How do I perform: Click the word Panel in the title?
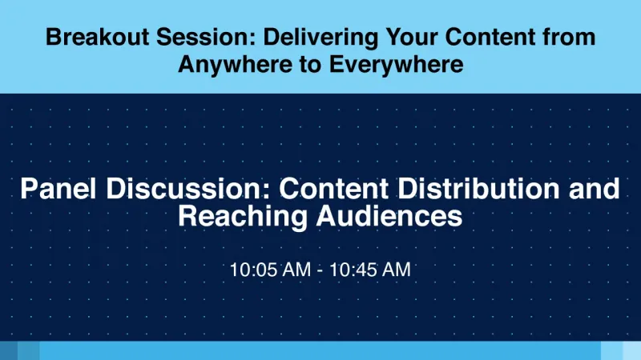tap(60, 189)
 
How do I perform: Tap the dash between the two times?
tap(320, 270)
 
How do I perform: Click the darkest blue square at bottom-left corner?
tap(8, 350)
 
